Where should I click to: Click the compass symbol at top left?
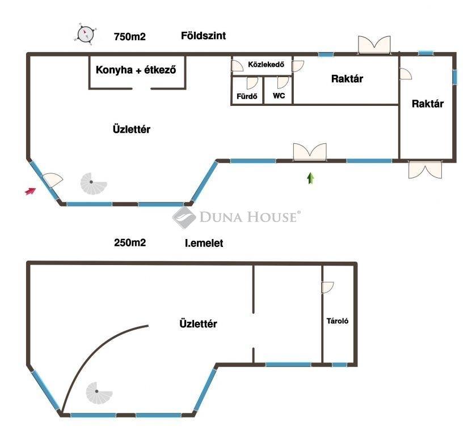(85, 34)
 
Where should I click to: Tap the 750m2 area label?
(130, 37)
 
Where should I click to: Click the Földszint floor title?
(204, 36)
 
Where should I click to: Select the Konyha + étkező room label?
(136, 70)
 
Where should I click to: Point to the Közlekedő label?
(266, 65)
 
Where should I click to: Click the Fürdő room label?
(247, 96)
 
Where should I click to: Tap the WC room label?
(279, 96)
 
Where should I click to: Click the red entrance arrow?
(31, 191)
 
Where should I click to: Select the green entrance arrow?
(311, 178)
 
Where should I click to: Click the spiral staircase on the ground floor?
(93, 184)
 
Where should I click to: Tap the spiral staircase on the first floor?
(99, 393)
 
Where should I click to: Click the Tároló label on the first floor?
(338, 321)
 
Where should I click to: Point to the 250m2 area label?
(130, 242)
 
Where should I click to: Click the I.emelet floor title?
(204, 243)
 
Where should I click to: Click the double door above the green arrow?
(310, 152)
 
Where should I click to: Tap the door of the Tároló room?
(327, 287)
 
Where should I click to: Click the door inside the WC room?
(283, 82)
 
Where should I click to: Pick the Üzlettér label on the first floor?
(198, 324)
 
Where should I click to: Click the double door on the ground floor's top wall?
(374, 45)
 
